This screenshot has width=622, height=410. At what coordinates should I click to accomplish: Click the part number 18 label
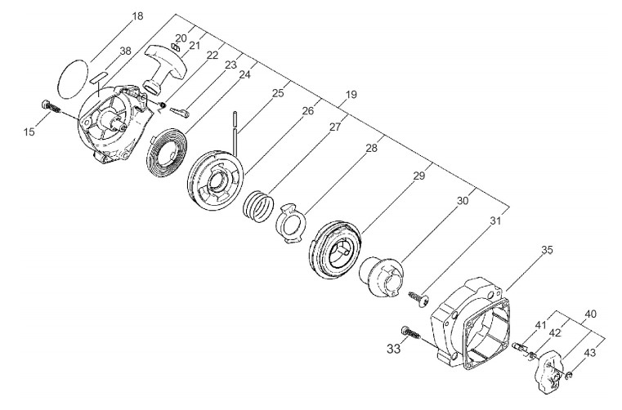click(x=136, y=16)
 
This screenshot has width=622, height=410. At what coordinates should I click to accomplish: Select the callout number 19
click(x=350, y=96)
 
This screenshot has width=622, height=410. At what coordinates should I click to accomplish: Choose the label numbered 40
click(x=590, y=313)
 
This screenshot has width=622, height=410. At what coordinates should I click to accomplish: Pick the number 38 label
click(x=124, y=51)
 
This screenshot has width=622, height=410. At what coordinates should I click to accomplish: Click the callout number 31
click(x=494, y=221)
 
